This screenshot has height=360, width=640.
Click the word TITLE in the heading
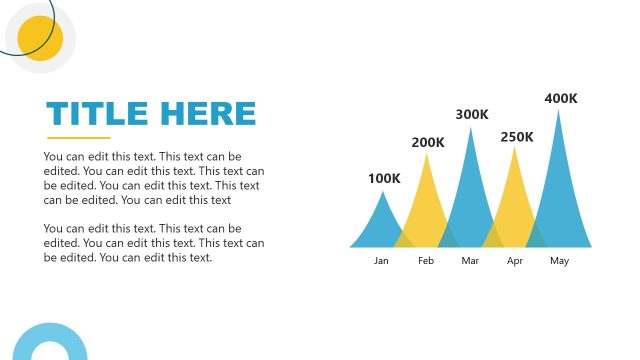[x=95, y=113]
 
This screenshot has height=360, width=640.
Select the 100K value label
[x=383, y=179]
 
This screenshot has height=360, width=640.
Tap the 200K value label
[x=428, y=143]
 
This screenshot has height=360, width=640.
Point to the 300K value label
[x=472, y=115]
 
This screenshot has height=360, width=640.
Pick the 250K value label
[x=517, y=137]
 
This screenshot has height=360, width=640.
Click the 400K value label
[x=561, y=99]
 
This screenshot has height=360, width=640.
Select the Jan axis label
[x=381, y=261]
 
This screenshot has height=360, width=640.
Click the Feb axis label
[x=426, y=261]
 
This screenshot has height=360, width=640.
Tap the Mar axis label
[x=471, y=261]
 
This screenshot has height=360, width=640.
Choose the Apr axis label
[x=515, y=261]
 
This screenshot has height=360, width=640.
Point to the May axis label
[x=560, y=261]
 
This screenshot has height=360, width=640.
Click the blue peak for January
[x=381, y=225]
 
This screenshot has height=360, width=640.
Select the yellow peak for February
[x=427, y=205]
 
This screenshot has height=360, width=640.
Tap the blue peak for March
[x=471, y=195]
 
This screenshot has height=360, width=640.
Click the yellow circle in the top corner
[x=40, y=38]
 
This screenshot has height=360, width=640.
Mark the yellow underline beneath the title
[x=79, y=138]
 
